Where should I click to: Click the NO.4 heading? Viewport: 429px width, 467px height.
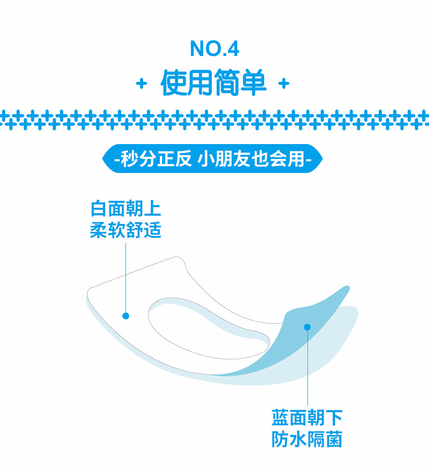click(214, 49)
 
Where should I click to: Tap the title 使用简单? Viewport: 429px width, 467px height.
click(214, 83)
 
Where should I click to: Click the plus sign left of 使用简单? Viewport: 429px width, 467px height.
click(142, 84)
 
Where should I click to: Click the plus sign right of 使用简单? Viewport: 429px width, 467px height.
click(284, 84)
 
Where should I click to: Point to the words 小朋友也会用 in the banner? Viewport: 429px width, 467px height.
click(252, 159)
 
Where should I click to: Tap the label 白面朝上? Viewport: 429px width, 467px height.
click(126, 209)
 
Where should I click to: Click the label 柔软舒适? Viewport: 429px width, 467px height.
click(126, 231)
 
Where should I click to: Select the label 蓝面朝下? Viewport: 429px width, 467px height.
click(307, 418)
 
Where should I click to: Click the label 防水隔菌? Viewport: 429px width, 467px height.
click(307, 439)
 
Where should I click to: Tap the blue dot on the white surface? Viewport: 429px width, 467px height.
click(126, 316)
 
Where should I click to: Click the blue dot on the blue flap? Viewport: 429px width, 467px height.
click(308, 327)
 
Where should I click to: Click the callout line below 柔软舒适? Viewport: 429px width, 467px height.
click(126, 276)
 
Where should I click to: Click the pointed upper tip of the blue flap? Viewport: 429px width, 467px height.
click(346, 288)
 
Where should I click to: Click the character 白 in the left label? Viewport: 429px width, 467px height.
click(98, 209)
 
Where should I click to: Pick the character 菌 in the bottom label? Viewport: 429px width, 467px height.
click(334, 439)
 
